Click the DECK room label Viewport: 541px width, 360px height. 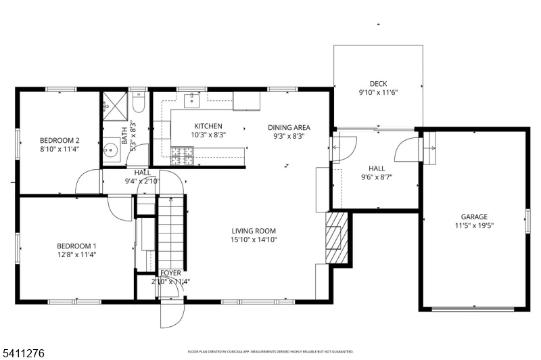(x=378, y=84)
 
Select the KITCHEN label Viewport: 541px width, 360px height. (x=208, y=127)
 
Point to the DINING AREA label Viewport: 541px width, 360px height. (x=289, y=127)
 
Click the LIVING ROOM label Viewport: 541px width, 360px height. (x=254, y=231)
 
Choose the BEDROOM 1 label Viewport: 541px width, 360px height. (x=76, y=246)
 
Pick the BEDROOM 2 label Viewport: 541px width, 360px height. (x=60, y=141)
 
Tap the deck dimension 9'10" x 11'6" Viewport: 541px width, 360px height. (x=378, y=93)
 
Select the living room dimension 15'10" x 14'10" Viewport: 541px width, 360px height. (x=254, y=240)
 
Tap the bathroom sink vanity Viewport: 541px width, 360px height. (x=110, y=148)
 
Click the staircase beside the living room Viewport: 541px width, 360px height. (x=171, y=233)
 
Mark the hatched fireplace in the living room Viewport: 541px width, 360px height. (x=336, y=237)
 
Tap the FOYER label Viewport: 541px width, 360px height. (x=170, y=273)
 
